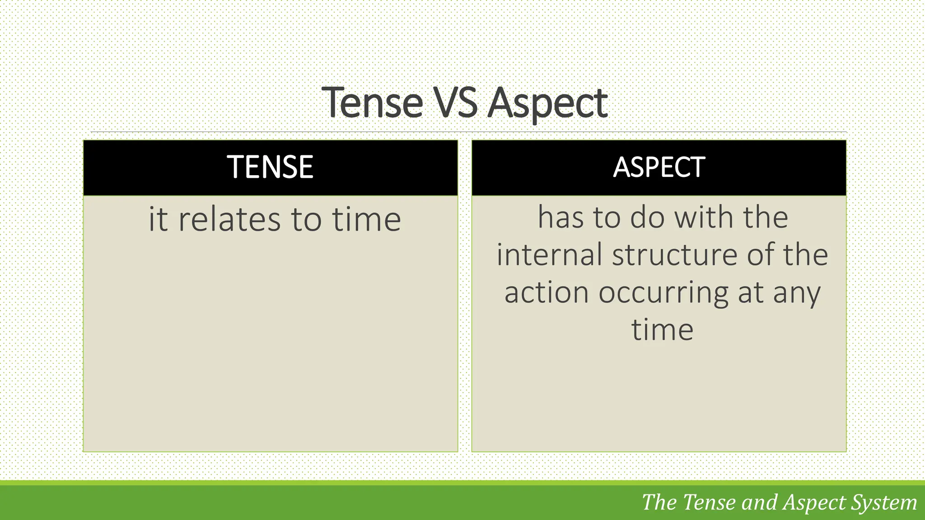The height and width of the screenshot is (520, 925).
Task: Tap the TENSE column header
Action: (x=270, y=167)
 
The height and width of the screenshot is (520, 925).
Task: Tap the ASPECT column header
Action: (x=659, y=167)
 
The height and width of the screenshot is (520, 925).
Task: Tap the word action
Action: (x=547, y=292)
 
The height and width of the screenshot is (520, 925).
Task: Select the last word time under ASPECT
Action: (x=662, y=330)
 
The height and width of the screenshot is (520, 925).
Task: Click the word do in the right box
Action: (x=647, y=218)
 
